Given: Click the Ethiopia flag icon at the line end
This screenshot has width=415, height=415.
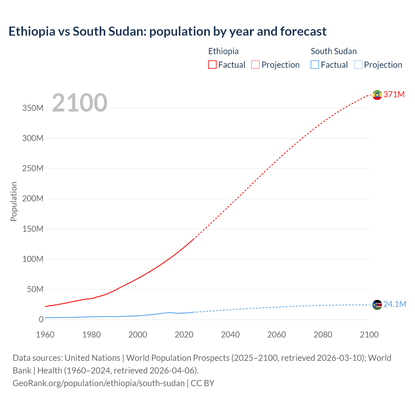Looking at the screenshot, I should click(377, 95).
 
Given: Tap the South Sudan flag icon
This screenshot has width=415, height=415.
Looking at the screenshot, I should click(377, 305).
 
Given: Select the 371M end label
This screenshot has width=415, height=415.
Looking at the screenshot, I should click(394, 94).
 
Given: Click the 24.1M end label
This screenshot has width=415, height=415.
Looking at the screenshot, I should click(395, 304).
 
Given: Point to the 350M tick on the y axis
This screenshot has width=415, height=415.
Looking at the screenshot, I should click(33, 108).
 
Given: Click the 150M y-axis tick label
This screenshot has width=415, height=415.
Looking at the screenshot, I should click(33, 229).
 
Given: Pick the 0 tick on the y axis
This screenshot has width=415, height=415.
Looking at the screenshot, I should click(41, 319).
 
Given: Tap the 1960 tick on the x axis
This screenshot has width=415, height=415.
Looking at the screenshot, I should click(45, 335).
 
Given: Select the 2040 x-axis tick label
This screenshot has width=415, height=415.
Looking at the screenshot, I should click(230, 335).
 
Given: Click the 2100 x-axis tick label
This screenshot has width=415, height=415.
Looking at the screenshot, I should click(369, 335).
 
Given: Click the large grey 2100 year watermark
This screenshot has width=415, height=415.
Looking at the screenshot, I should click(79, 103).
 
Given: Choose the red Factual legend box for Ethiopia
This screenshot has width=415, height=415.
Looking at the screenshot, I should click(212, 65).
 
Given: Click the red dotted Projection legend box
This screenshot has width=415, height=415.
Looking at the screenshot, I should click(255, 65).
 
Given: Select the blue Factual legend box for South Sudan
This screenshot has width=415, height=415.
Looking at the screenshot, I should click(315, 65).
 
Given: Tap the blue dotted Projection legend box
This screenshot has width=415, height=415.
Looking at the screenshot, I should click(358, 65).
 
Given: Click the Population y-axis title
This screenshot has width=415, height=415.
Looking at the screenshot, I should click(14, 201).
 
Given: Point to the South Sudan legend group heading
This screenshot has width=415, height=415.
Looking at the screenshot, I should click(334, 51).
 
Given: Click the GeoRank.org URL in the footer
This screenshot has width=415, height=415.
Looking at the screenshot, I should click(99, 383).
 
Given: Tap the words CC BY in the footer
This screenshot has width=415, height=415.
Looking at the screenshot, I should click(203, 383).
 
